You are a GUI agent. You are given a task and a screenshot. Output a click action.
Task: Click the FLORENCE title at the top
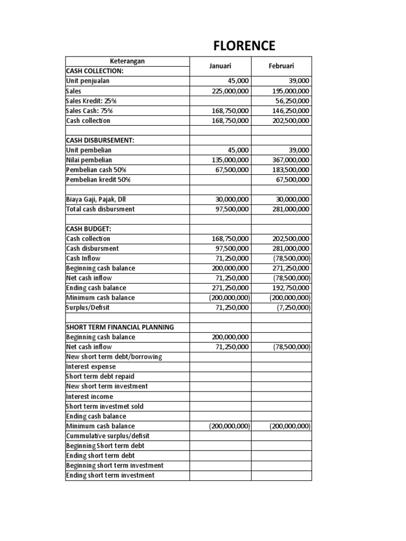tap(244, 46)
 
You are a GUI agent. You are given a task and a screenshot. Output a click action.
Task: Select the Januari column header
tap(220, 66)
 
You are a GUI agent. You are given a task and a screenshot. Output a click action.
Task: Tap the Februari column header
tap(281, 66)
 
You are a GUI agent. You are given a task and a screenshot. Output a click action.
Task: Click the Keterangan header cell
tap(127, 61)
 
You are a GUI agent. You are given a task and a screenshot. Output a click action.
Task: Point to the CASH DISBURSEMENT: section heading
tap(100, 140)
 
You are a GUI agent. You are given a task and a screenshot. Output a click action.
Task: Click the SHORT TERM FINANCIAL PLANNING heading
tap(119, 327)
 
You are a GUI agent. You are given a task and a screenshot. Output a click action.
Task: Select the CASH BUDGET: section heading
tap(89, 229)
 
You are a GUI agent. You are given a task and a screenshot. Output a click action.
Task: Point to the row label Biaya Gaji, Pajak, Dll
tap(96, 199)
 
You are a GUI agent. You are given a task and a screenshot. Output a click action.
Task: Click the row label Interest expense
tap(90, 367)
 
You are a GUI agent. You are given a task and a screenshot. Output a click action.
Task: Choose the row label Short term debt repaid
tap(100, 377)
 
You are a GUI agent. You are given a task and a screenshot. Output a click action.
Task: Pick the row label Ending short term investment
tap(110, 475)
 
